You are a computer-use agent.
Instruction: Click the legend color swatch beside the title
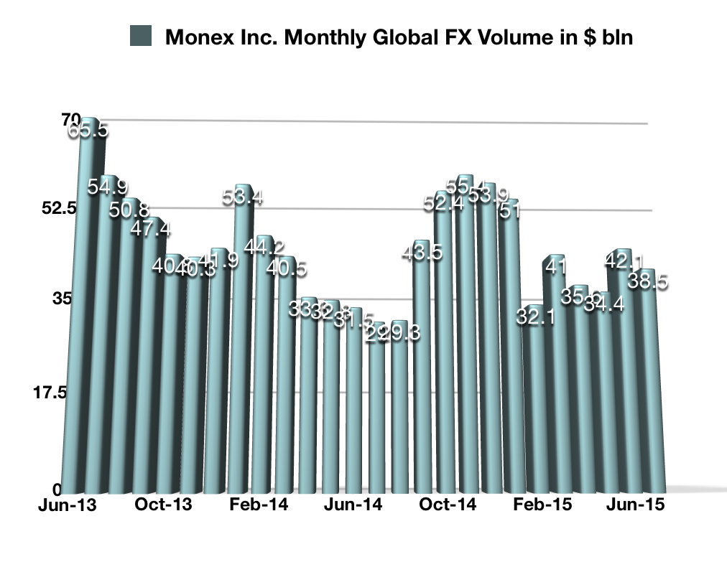pyautogui.click(x=140, y=36)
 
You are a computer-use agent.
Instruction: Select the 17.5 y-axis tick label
pyautogui.click(x=52, y=393)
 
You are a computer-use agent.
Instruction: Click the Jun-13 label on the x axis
pyautogui.click(x=68, y=505)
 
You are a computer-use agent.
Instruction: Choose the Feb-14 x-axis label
pyautogui.click(x=259, y=505)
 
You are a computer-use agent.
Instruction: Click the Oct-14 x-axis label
pyautogui.click(x=448, y=505)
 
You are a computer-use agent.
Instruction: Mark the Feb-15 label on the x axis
pyautogui.click(x=543, y=505)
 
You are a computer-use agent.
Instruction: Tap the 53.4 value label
pyautogui.click(x=243, y=198)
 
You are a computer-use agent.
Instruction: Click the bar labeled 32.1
pyautogui.click(x=536, y=409)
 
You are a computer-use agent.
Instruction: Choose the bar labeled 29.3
pyautogui.click(x=399, y=416)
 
